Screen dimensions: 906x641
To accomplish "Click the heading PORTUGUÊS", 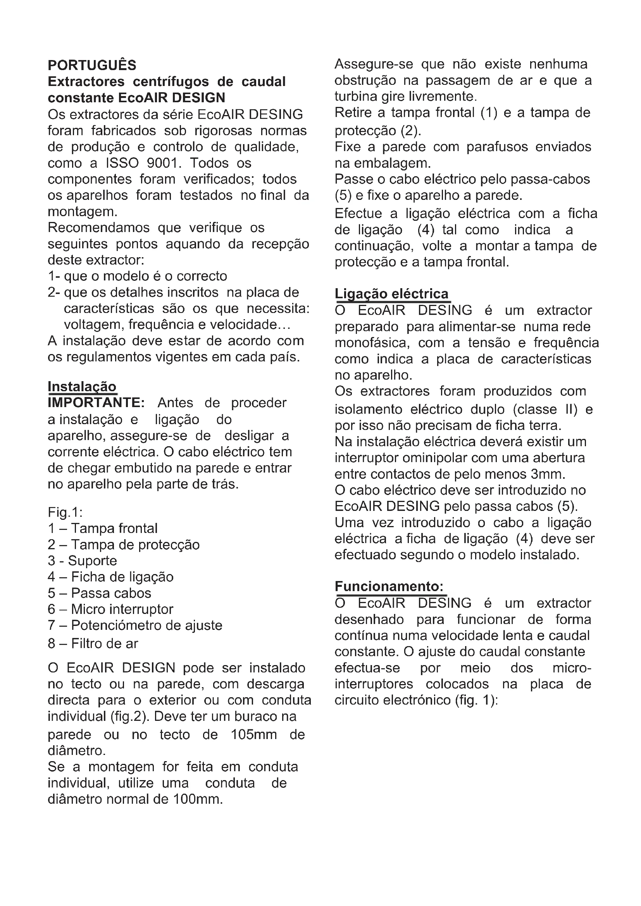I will [91, 65].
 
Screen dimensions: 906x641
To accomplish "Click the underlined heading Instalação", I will [82, 386].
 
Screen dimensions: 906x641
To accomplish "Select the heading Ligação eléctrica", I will [391, 294].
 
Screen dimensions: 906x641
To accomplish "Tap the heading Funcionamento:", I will [389, 586].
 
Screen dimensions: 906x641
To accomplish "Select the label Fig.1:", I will [65, 512].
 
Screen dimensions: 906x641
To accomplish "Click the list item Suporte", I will [92, 561].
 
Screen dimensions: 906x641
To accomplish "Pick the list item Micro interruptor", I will [122, 609].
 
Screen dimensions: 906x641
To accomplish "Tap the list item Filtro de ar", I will [105, 644].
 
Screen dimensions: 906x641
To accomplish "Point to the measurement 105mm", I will [253, 734].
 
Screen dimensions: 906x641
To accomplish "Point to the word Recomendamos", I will [99, 228].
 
